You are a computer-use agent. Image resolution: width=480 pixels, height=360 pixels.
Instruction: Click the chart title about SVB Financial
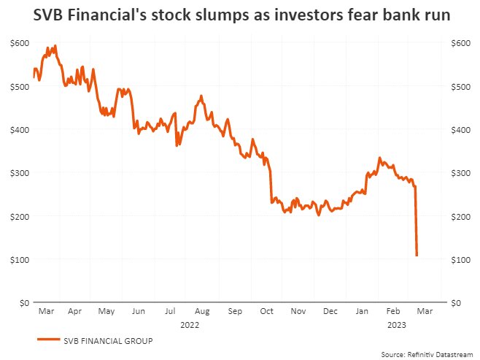tap(240, 15)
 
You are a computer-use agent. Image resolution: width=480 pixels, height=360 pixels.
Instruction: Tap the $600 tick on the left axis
tap(20, 43)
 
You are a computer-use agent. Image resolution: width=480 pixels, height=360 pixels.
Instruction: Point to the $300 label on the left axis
tap(20, 173)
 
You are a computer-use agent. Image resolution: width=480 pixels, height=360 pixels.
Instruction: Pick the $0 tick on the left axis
tap(24, 302)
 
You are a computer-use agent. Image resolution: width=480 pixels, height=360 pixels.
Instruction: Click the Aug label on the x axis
tap(202, 311)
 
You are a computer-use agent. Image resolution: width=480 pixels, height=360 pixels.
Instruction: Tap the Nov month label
tap(298, 311)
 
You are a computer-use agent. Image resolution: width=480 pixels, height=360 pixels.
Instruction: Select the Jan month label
tap(361, 311)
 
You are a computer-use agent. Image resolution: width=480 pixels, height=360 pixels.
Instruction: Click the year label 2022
tap(190, 323)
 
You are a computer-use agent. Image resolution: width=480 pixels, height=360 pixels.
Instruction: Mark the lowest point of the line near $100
tap(417, 255)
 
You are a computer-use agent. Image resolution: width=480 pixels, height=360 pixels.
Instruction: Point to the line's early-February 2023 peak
tap(379, 158)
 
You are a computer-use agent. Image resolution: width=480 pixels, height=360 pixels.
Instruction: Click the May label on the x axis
tap(107, 311)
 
